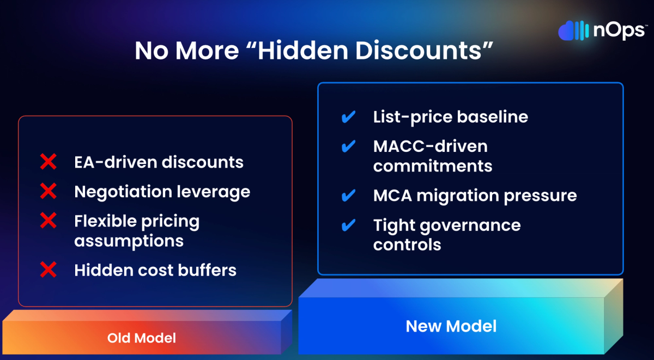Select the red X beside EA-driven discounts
pos(48,162)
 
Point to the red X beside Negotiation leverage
pos(48,191)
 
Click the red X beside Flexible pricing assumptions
pos(48,221)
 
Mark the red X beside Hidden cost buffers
pos(48,270)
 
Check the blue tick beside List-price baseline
pos(348,117)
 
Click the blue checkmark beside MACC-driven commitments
pos(348,146)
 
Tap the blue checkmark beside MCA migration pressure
pos(348,196)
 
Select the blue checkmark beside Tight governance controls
pos(348,225)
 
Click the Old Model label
pos(142,338)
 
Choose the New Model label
pos(451,326)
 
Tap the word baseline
pos(493,117)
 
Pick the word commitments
pos(433,166)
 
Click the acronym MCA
pos(392,196)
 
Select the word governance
pos(470,226)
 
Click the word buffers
pos(207,270)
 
